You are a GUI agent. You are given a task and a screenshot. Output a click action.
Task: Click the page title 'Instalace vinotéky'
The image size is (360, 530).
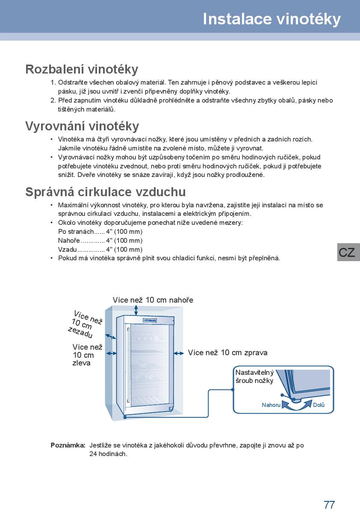click(271, 19)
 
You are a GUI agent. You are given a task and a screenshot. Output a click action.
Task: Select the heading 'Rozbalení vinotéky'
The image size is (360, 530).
click(82, 69)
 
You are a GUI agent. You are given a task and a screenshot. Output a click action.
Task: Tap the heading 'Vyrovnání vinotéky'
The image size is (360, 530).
click(82, 126)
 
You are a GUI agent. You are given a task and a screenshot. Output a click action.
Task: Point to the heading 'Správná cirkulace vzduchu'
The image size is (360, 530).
click(105, 192)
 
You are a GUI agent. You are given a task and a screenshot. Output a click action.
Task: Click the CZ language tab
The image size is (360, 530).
click(347, 252)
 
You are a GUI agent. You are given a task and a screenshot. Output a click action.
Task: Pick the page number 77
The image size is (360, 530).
click(329, 505)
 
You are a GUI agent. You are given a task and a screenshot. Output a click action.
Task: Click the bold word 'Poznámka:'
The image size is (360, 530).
click(68, 445)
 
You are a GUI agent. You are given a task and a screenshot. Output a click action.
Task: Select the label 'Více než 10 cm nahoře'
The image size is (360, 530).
click(153, 300)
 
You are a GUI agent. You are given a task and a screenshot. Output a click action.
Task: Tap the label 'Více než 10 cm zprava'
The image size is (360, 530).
click(227, 353)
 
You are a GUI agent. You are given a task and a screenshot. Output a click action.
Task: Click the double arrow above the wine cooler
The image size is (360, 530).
click(136, 310)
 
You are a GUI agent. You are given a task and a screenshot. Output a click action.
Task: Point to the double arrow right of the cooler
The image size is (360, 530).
click(179, 353)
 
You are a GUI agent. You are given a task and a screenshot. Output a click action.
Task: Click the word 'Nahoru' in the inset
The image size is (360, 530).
click(271, 405)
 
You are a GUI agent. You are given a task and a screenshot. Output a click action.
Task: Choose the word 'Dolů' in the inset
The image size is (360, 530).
click(319, 405)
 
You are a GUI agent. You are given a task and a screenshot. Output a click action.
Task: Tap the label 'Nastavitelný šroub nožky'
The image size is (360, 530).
click(254, 377)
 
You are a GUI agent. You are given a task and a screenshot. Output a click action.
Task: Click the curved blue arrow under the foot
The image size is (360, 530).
click(295, 406)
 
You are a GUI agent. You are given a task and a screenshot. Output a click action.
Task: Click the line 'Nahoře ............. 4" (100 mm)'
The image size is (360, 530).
click(100, 241)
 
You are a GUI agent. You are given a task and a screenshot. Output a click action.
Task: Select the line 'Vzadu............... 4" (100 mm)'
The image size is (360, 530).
click(100, 250)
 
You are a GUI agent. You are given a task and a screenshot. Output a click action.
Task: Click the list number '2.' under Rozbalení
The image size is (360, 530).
click(53, 100)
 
